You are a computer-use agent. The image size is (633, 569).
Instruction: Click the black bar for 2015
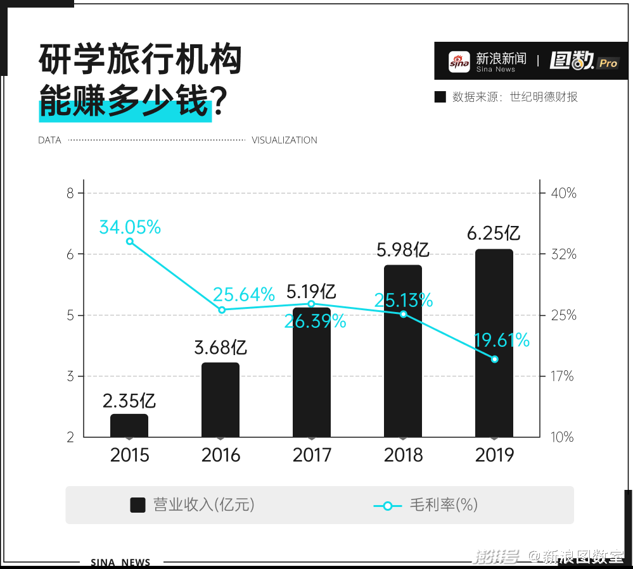129,425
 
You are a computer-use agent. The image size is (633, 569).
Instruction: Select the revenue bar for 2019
494,342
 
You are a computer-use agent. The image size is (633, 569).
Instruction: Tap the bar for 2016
221,399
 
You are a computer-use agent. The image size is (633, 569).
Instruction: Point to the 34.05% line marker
130,241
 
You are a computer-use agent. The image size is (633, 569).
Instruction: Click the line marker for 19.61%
495,360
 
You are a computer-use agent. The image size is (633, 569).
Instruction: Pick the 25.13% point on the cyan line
404,314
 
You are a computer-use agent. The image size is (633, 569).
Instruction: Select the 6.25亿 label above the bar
494,233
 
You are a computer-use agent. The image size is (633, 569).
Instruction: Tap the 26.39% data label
315,322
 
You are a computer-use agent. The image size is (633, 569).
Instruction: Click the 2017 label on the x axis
312,455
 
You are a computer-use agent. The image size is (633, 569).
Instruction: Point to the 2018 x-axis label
403,455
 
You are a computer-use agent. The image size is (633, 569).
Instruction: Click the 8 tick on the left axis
70,193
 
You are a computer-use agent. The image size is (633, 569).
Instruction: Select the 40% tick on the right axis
563,193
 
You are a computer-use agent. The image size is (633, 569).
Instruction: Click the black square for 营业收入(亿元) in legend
138,505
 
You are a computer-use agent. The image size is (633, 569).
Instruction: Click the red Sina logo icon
459,61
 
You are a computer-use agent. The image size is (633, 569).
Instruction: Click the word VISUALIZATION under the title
285,141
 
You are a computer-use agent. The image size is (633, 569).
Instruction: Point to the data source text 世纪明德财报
544,97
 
